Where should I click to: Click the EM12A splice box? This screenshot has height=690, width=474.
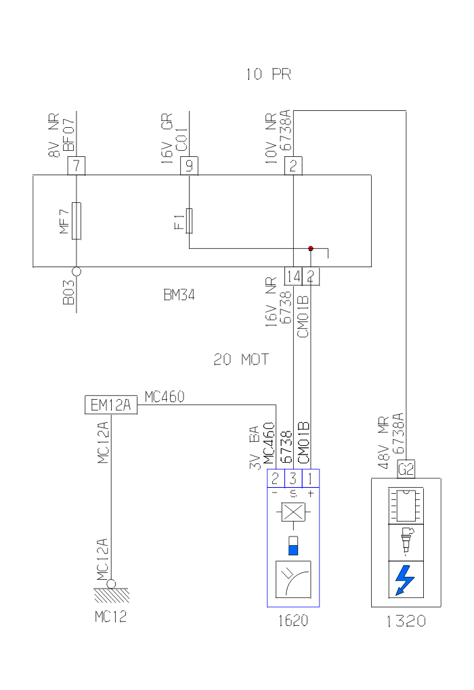pos(111,405)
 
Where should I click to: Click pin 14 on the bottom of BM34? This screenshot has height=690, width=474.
pos(293,275)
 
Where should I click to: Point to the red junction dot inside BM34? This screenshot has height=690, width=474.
pos(311,248)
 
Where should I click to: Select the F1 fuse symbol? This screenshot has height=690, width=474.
pos(189,220)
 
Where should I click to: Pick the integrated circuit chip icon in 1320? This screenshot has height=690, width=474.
pos(405,505)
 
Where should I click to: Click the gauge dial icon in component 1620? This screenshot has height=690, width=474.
pos(293,579)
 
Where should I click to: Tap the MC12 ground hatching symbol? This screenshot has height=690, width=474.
pos(111,596)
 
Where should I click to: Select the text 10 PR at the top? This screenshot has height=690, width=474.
pos(268,74)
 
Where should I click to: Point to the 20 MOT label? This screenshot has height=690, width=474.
pos(241,360)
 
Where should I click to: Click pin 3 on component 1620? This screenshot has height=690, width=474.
pos(293,478)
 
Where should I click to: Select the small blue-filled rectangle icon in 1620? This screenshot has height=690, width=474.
pos(293,545)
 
